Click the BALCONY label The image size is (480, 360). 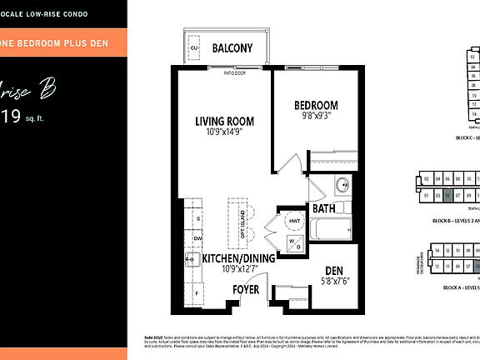(x=232, y=48)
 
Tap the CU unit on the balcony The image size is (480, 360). (x=194, y=48)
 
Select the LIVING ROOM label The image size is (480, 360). (x=224, y=122)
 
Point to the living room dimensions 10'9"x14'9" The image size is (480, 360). (x=224, y=133)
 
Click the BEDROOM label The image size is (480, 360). (x=316, y=105)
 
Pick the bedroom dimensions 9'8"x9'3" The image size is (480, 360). (x=316, y=117)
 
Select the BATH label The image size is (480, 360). (x=323, y=208)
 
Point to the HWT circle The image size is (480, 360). (x=292, y=221)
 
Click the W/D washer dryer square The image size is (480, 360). (x=292, y=245)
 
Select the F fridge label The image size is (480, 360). (x=197, y=293)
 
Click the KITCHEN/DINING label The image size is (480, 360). (x=240, y=259)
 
